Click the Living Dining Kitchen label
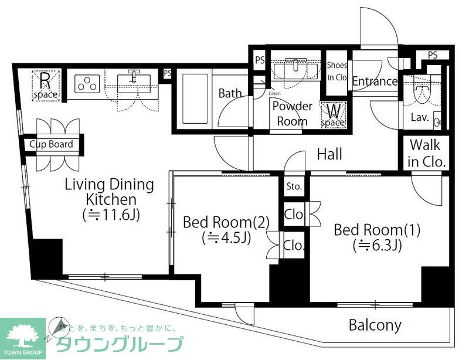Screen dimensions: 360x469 pyautogui.click(x=109, y=192)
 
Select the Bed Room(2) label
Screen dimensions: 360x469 pyautogui.click(x=226, y=223)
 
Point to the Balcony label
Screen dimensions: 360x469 pyautogui.click(x=375, y=325)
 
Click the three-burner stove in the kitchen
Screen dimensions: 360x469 pyautogui.click(x=87, y=84)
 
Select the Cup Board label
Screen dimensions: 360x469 pyautogui.click(x=52, y=144)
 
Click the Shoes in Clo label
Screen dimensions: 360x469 pyautogui.click(x=337, y=71)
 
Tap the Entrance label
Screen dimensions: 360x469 pyautogui.click(x=375, y=81)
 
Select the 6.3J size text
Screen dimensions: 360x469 pyautogui.click(x=376, y=245)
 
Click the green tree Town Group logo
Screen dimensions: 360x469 pyautogui.click(x=22, y=336)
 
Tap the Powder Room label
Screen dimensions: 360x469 pyautogui.click(x=291, y=114)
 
